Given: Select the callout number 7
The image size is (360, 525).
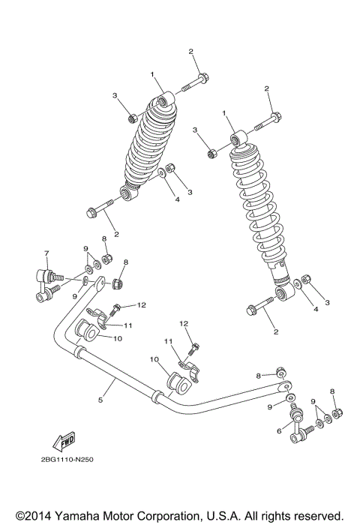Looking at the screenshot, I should point(46,253).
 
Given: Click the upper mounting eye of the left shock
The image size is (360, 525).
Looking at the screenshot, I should point(165,100).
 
